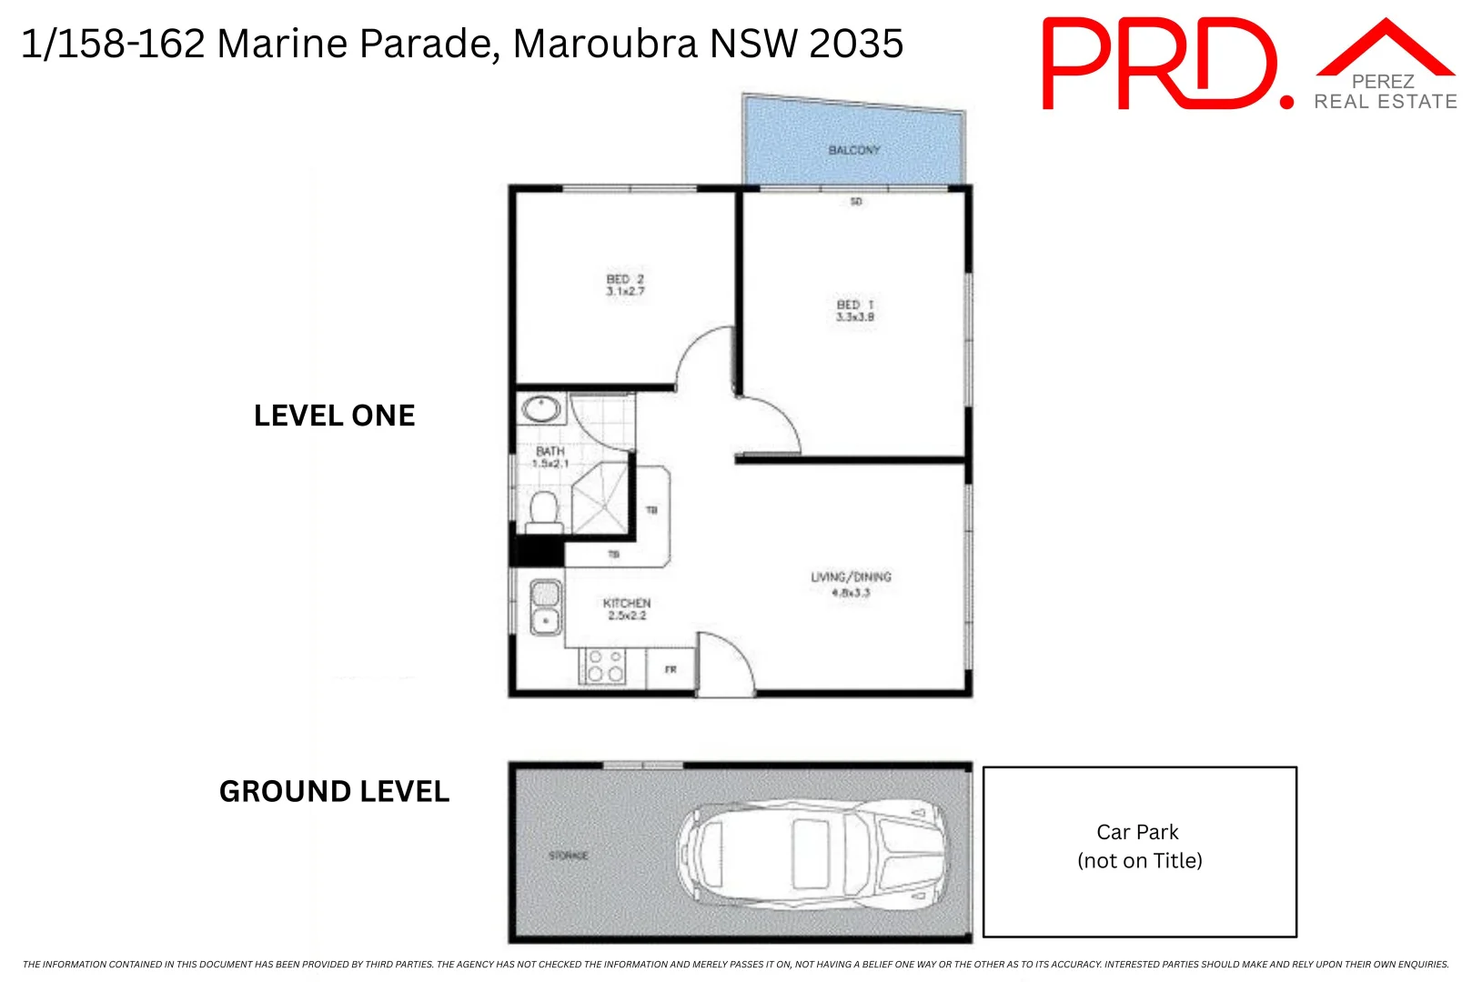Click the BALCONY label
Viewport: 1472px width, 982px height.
[x=853, y=150]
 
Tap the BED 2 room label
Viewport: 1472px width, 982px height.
[x=625, y=279]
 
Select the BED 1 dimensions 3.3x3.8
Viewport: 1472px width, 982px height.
[x=855, y=317]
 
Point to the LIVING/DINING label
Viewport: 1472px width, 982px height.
[x=851, y=576]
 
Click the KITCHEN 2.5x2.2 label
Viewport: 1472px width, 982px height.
[x=627, y=609]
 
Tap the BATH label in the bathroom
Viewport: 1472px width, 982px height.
[x=550, y=451]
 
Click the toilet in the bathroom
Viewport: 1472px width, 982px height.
[x=544, y=511]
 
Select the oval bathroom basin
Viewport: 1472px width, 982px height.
[x=541, y=409]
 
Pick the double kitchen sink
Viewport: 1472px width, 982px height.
[x=545, y=607]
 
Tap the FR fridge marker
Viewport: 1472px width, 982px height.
[x=670, y=670]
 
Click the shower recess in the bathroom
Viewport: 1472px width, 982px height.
[x=600, y=497]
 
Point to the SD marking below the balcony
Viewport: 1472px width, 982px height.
[x=856, y=202]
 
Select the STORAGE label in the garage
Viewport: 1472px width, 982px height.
[x=569, y=856]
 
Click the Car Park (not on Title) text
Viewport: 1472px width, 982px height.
[x=1139, y=847]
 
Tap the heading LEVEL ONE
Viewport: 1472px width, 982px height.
[x=334, y=416]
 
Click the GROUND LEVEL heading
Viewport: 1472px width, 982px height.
[x=334, y=792]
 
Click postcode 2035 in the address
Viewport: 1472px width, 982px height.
[x=856, y=44]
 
